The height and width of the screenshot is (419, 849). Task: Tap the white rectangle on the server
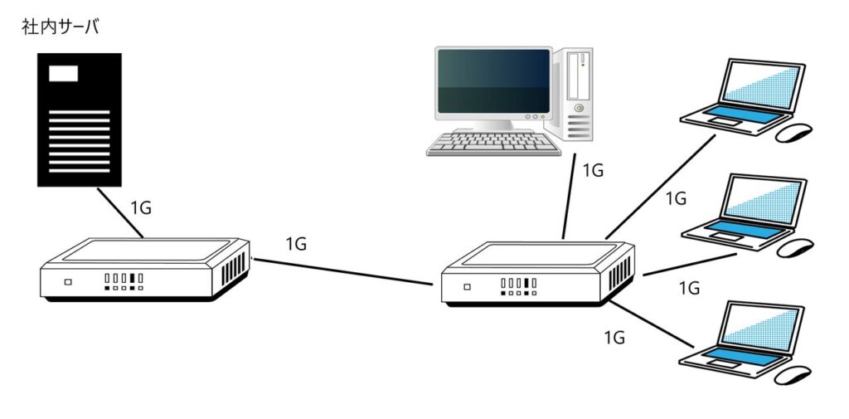point(64,73)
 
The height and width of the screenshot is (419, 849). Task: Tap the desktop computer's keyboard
point(490,142)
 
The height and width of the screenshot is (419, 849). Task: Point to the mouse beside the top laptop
point(793,131)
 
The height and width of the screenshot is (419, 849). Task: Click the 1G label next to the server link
point(140,207)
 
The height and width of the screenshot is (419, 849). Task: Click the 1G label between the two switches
point(296,244)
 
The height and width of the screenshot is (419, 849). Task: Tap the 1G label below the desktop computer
point(593,171)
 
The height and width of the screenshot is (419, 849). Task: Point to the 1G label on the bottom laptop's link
point(614,338)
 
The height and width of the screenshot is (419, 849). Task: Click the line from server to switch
point(120,212)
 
